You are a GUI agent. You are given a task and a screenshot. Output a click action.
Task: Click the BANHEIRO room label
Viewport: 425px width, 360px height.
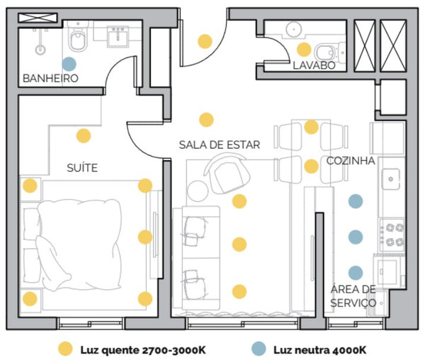[x=50, y=78]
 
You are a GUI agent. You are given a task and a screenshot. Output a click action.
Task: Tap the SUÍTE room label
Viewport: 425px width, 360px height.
[x=82, y=168]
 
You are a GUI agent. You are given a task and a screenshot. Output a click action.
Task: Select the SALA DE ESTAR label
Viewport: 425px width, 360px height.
[x=219, y=145]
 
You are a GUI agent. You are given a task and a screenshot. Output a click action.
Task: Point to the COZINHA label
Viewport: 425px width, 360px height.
[x=351, y=161]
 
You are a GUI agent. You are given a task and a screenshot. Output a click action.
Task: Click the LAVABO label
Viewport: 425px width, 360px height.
[x=313, y=65]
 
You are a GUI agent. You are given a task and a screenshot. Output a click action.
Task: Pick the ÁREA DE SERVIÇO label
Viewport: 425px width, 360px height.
[x=353, y=296]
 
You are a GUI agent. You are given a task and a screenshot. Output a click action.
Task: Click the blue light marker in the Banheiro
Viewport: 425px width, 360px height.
[x=69, y=64]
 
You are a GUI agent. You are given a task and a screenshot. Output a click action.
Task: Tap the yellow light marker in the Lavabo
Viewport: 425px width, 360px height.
[x=304, y=50]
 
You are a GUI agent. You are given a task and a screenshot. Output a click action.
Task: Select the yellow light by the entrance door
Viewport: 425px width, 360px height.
[x=205, y=41]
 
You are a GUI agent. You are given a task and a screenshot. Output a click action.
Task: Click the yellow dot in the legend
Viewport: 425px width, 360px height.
[x=65, y=349]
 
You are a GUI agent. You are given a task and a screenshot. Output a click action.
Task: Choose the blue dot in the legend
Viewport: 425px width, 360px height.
[x=259, y=349]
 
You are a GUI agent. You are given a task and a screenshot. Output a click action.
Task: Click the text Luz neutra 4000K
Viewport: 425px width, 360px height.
[x=319, y=349]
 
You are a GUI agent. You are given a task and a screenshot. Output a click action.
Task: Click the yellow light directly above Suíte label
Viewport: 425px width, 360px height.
[x=84, y=136]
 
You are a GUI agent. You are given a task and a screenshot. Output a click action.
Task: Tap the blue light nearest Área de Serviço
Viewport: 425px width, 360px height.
[x=356, y=272]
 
